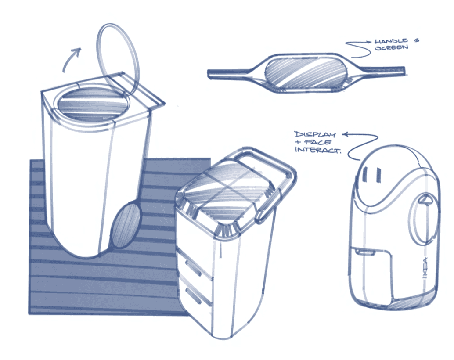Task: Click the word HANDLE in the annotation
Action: [391, 41]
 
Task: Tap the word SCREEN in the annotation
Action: [392, 47]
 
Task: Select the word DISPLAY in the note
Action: [315, 134]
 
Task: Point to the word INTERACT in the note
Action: [317, 150]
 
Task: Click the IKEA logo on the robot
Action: [425, 268]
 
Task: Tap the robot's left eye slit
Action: [365, 174]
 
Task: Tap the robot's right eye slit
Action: [378, 175]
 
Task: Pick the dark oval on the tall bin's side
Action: [126, 225]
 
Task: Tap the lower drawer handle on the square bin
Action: [194, 296]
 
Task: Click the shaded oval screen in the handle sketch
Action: [306, 72]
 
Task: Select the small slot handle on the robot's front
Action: [365, 252]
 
